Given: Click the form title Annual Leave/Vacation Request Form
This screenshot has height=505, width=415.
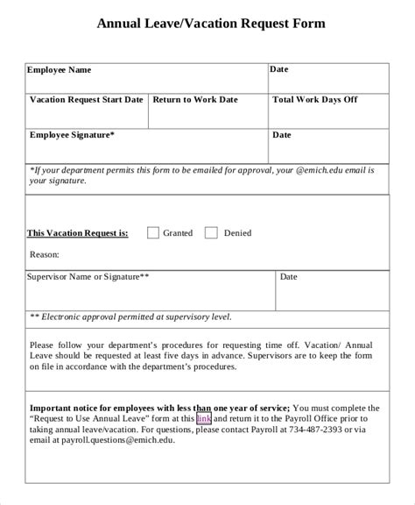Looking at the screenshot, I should (211, 24).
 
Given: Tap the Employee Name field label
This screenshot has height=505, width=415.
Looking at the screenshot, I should (59, 70).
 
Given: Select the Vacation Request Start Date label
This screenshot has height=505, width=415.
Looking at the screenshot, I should (87, 100).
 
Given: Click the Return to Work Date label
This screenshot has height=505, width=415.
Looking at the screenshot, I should (195, 100).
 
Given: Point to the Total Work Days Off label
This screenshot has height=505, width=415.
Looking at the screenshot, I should (315, 100).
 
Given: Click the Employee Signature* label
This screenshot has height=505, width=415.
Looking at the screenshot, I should (72, 136).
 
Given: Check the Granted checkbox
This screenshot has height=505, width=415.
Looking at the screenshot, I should (153, 233).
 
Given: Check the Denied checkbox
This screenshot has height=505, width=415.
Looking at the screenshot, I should (211, 233).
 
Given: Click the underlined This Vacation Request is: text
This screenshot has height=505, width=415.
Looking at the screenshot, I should (78, 233).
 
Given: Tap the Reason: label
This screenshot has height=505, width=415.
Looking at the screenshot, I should (45, 254).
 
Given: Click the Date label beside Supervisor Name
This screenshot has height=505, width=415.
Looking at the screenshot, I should (289, 277).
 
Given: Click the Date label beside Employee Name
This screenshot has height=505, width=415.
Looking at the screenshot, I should (279, 69).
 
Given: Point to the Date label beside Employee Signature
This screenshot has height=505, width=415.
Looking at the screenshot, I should (282, 136).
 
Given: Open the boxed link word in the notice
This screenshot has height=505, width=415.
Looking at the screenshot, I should (204, 419).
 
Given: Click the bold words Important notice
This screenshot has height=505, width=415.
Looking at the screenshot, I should (65, 409).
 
